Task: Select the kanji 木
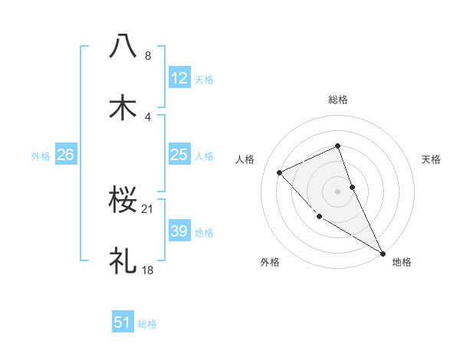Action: [x=123, y=107]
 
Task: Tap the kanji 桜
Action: [x=123, y=200]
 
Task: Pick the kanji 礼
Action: [x=123, y=260]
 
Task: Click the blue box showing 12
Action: [x=179, y=77]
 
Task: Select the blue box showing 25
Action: [x=179, y=155]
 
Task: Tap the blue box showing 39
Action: [x=179, y=231]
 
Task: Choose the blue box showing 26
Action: [x=65, y=155]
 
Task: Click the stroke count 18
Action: [x=148, y=270]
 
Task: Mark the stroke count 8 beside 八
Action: [x=148, y=56]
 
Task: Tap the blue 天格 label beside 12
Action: [x=204, y=79]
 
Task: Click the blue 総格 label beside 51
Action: [x=147, y=324]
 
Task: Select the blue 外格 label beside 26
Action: [x=41, y=156]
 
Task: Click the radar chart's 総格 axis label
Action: [x=338, y=100]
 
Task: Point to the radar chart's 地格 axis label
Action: [x=402, y=262]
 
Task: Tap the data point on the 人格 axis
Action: [x=280, y=172]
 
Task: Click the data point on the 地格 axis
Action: [x=382, y=252]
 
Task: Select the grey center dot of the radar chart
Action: [x=338, y=191]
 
